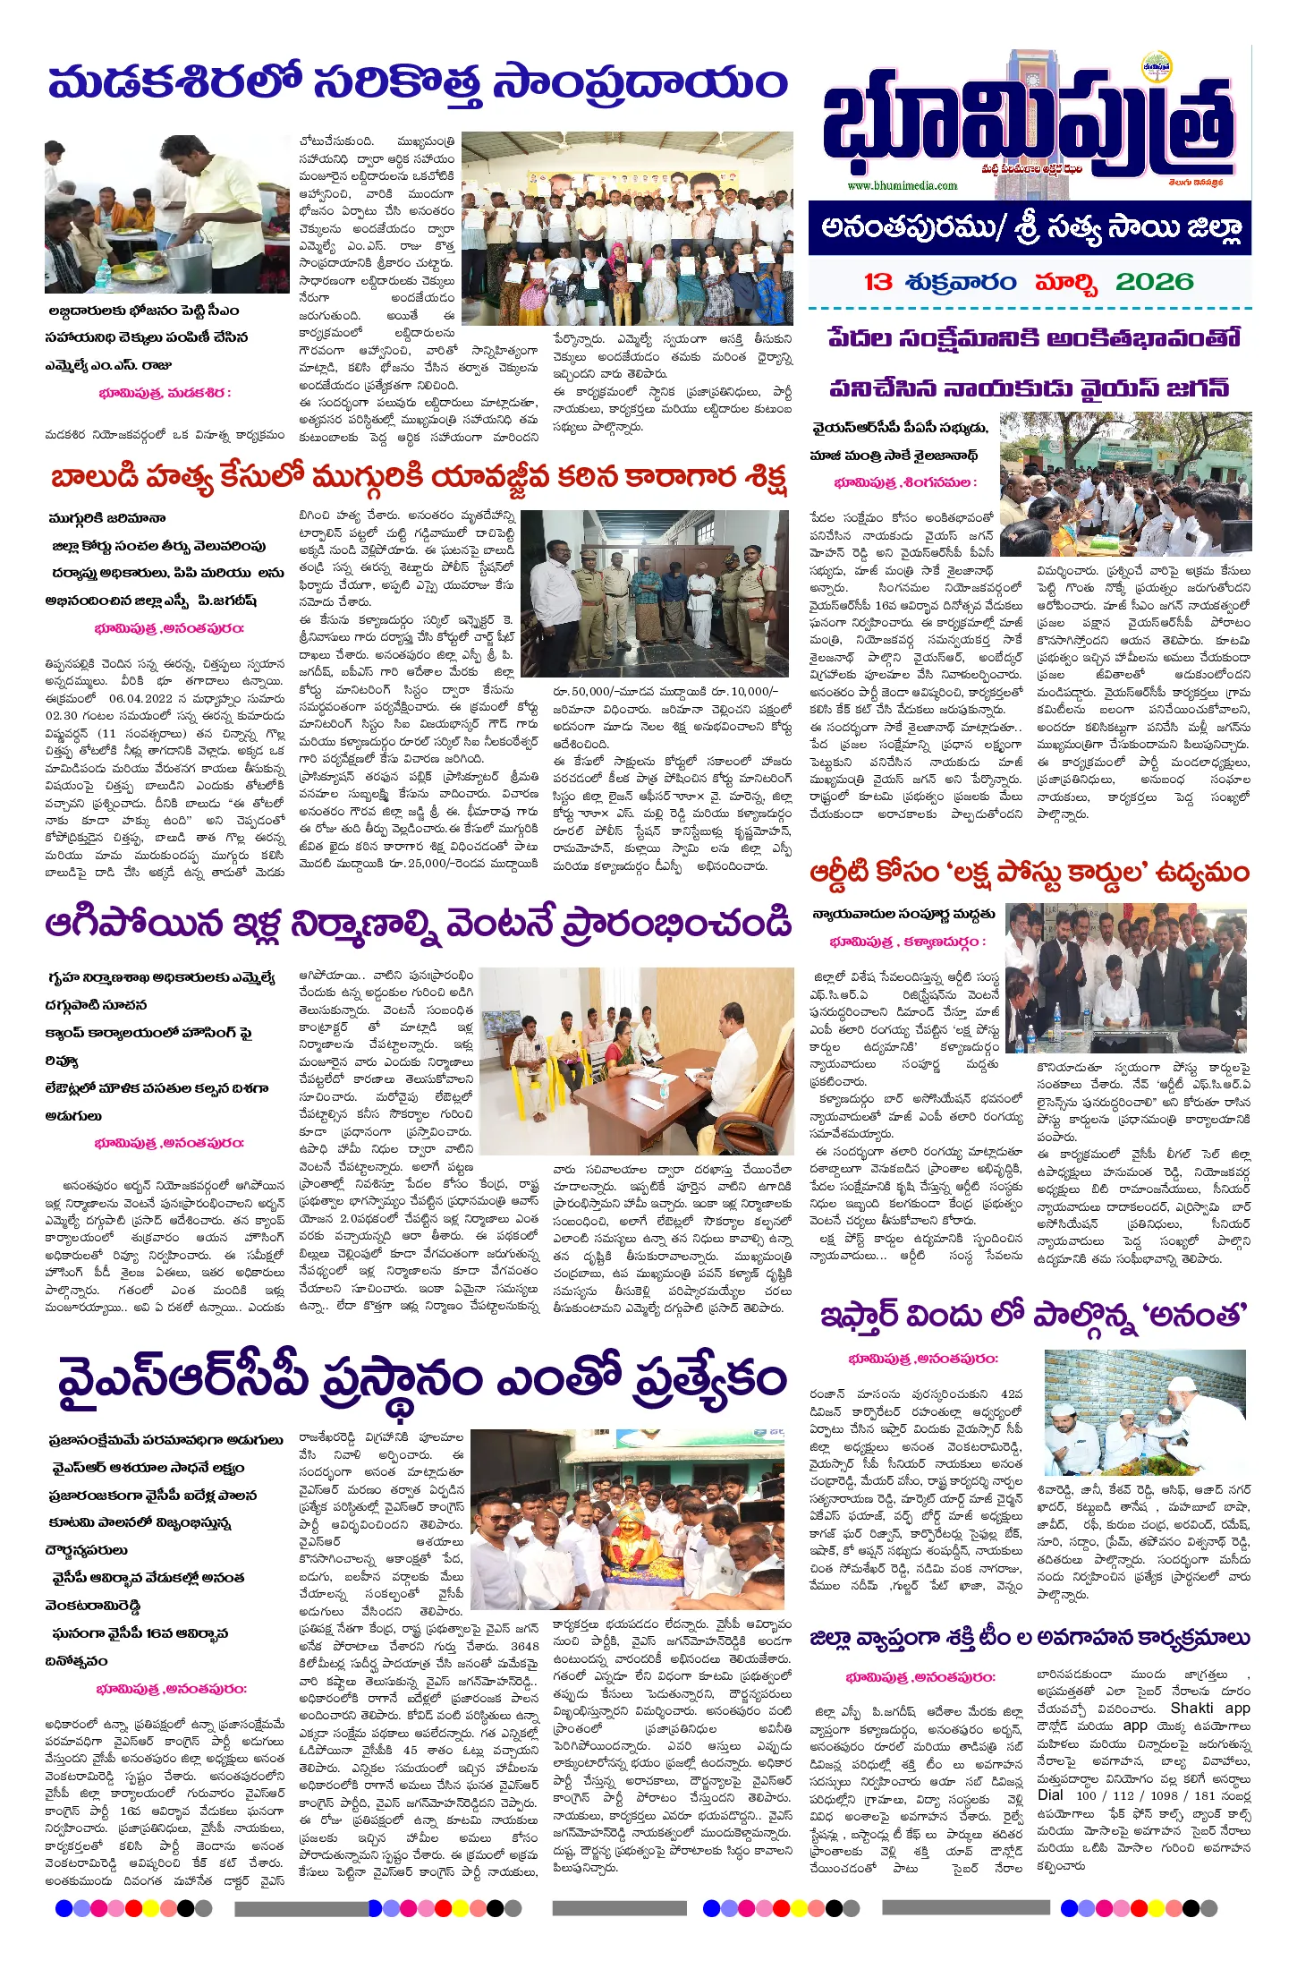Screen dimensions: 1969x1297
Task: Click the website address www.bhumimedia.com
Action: pyautogui.click(x=902, y=185)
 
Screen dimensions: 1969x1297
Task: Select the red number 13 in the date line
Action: pyautogui.click(x=878, y=282)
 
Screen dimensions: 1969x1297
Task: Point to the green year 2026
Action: pyautogui.click(x=1154, y=282)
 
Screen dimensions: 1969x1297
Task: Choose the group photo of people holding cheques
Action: pyautogui.click(x=626, y=228)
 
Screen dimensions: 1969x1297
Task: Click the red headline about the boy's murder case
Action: pyautogui.click(x=418, y=477)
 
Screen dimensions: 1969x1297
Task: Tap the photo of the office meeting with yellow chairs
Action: pyautogui.click(x=636, y=1060)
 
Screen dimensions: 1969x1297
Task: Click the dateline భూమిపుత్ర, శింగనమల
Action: pyautogui.click(x=904, y=482)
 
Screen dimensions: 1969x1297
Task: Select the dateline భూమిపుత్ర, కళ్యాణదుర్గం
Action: pyautogui.click(x=907, y=942)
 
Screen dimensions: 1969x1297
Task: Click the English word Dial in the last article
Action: pyautogui.click(x=1050, y=1794)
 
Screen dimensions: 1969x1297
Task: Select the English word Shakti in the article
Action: pyautogui.click(x=1192, y=1708)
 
